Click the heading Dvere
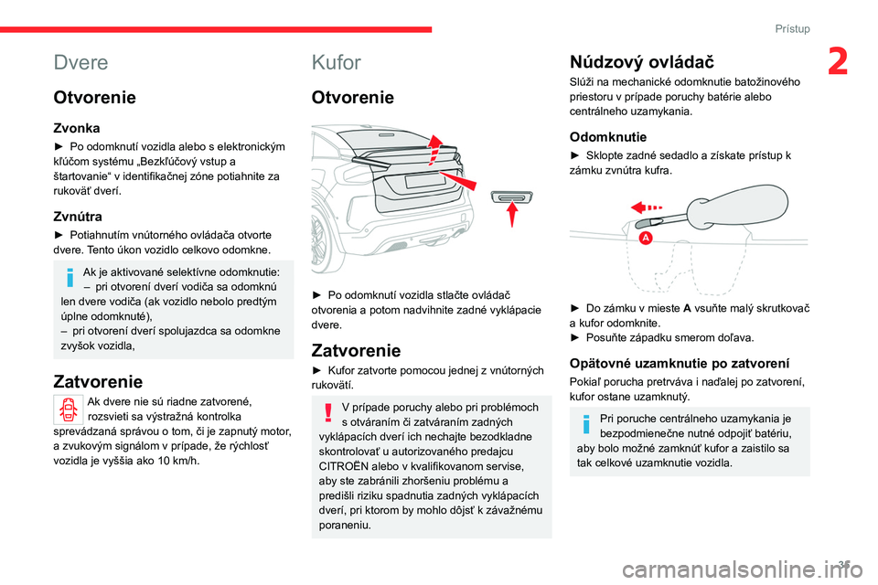pos(81,62)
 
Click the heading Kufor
pos(337,62)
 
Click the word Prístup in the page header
pos(792,28)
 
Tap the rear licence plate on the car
pos(425,180)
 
